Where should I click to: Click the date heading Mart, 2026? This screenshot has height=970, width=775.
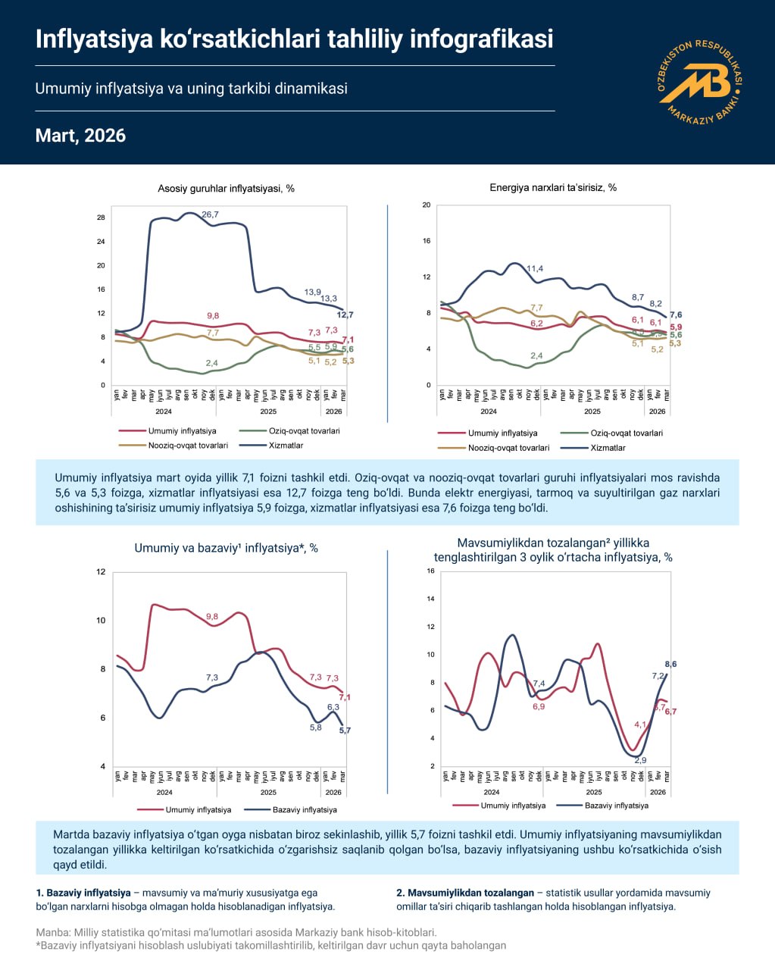pyautogui.click(x=80, y=136)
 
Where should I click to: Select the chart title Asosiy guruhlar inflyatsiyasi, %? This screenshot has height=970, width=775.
pyautogui.click(x=226, y=189)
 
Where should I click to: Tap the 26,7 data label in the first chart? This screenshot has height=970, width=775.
pyautogui.click(x=210, y=215)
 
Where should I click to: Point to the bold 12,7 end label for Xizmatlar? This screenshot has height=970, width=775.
pyautogui.click(x=345, y=315)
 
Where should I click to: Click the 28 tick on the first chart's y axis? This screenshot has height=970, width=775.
pyautogui.click(x=101, y=217)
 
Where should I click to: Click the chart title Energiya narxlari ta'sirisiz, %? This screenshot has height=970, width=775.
pyautogui.click(x=553, y=187)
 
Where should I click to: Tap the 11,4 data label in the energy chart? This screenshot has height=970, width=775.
pyautogui.click(x=534, y=269)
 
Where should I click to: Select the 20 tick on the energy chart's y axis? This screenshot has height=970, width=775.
pyautogui.click(x=427, y=205)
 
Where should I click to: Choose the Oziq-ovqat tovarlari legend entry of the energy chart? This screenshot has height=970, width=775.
pyautogui.click(x=626, y=433)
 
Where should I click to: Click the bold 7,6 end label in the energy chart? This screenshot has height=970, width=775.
pyautogui.click(x=675, y=315)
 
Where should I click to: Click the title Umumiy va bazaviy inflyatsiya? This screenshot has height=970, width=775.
pyautogui.click(x=226, y=548)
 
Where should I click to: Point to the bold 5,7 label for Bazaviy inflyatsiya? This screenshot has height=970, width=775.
pyautogui.click(x=345, y=731)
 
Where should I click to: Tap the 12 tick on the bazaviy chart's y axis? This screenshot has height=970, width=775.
pyautogui.click(x=100, y=571)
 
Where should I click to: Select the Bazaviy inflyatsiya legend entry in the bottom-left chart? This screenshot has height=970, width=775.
pyautogui.click(x=305, y=809)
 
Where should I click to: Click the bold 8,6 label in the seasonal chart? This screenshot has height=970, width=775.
pyautogui.click(x=670, y=665)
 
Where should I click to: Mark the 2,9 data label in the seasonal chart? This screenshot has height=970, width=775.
pyautogui.click(x=640, y=760)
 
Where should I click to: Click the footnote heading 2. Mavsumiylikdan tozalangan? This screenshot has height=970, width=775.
pyautogui.click(x=464, y=893)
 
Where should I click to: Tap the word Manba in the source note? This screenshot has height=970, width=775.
pyautogui.click(x=50, y=932)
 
